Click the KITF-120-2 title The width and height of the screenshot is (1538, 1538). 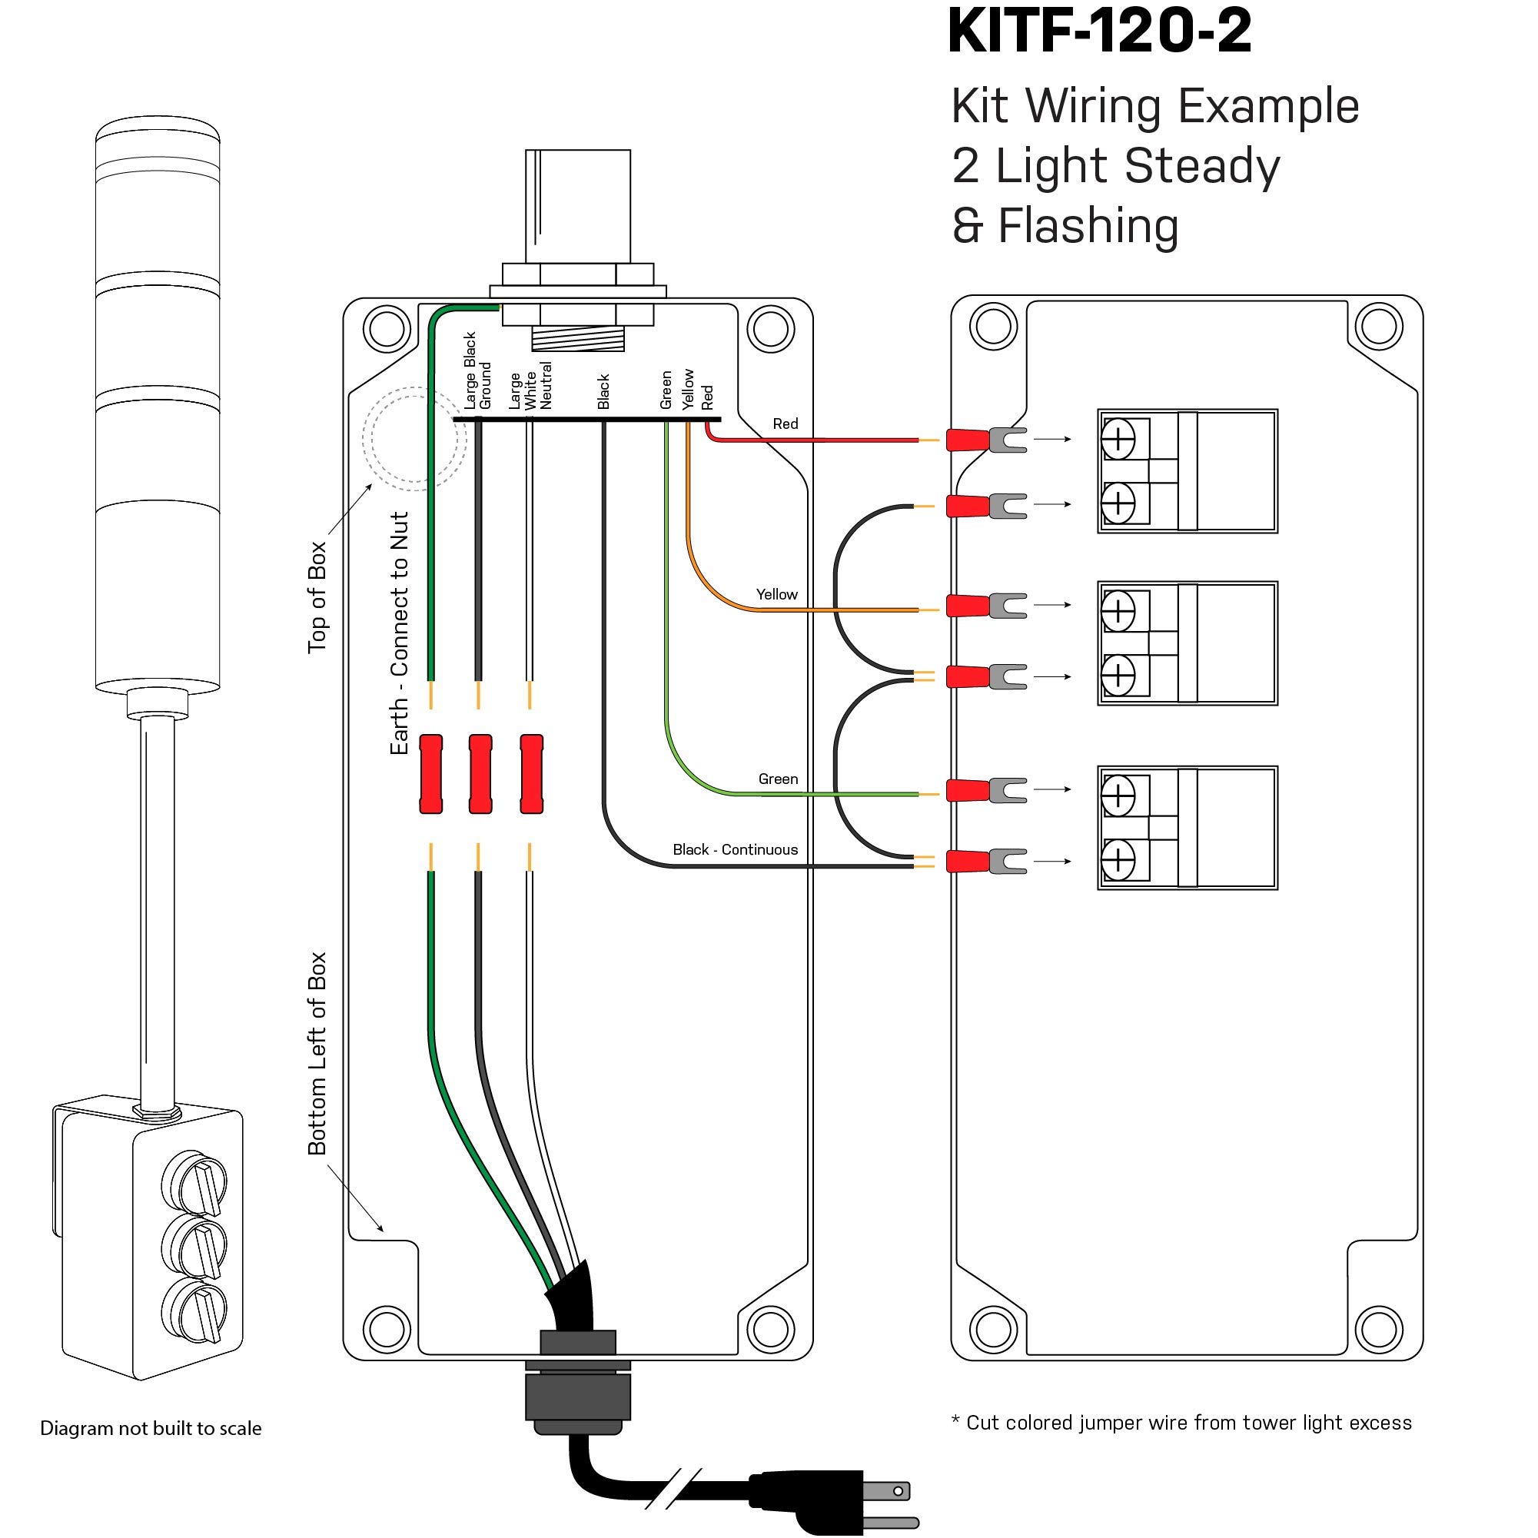[x=1099, y=32]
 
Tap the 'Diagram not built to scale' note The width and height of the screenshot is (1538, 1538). [x=151, y=1428]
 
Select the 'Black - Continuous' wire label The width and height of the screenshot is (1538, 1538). [x=735, y=849]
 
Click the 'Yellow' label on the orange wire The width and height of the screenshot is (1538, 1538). [x=776, y=594]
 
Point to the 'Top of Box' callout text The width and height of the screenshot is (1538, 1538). [x=317, y=597]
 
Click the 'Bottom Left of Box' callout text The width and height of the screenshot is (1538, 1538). [x=317, y=1052]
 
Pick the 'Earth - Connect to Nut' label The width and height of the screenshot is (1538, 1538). [x=399, y=633]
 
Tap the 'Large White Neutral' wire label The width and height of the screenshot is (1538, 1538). [x=530, y=386]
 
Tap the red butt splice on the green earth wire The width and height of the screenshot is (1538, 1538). [x=430, y=774]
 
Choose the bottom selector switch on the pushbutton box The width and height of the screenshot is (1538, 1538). [x=194, y=1310]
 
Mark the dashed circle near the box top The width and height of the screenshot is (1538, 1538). [x=414, y=438]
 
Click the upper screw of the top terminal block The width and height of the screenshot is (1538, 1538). [x=1118, y=439]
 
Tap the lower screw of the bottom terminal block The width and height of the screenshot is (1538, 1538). [x=1118, y=861]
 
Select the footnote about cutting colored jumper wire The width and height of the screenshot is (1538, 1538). [x=1181, y=1423]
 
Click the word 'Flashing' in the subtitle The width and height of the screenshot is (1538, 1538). [x=1088, y=226]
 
